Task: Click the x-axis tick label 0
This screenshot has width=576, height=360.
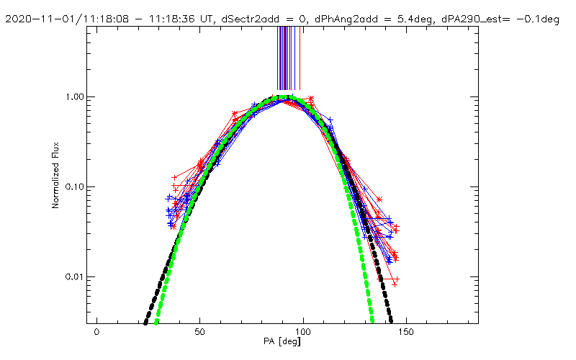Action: point(96,333)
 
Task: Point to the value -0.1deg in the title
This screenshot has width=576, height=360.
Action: point(541,19)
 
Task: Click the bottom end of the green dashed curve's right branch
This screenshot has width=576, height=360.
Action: point(372,321)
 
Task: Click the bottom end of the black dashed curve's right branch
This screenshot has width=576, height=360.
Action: point(391,321)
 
